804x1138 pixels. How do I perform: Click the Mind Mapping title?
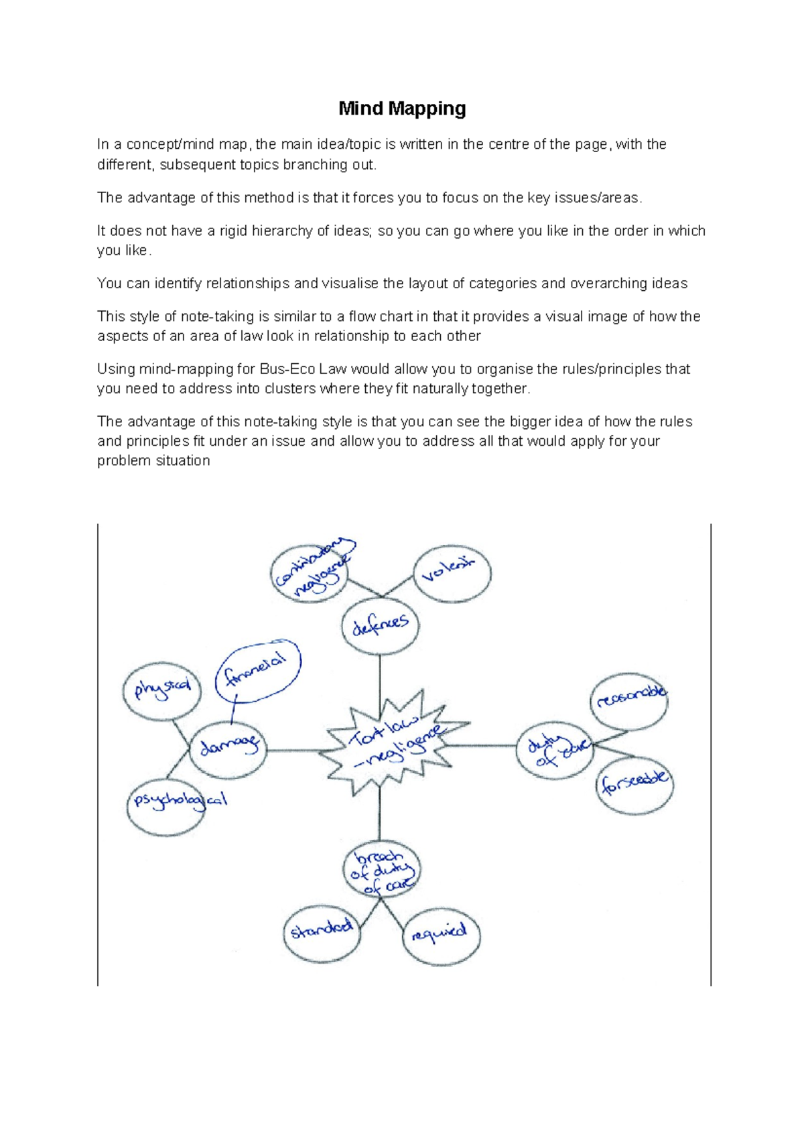pos(402,109)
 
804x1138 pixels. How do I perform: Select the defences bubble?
pos(380,627)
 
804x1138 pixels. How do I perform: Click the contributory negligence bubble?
pos(310,574)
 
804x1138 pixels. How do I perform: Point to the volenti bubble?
pos(452,574)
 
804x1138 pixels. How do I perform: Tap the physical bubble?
pos(161,690)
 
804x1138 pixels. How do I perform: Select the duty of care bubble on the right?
pos(555,749)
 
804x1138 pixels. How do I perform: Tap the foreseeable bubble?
pos(634,784)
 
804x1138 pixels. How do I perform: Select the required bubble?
pos(442,936)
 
